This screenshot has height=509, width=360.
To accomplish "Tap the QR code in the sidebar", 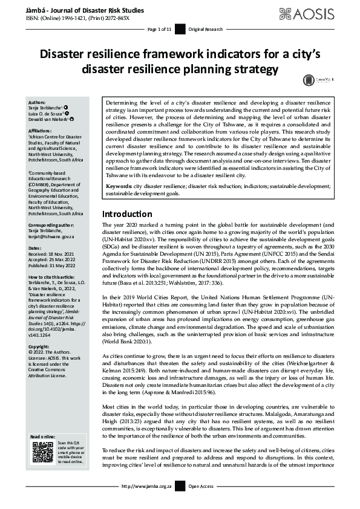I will pos(42,452).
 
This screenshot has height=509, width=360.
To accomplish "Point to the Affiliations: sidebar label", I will pos(42,130).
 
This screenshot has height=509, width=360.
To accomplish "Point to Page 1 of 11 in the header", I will pos(160,29).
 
